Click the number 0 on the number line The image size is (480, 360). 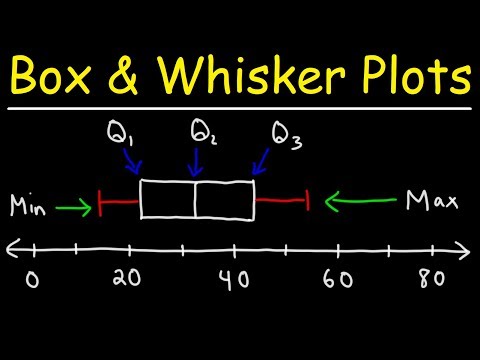click(x=33, y=279)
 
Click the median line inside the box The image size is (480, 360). click(x=194, y=199)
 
